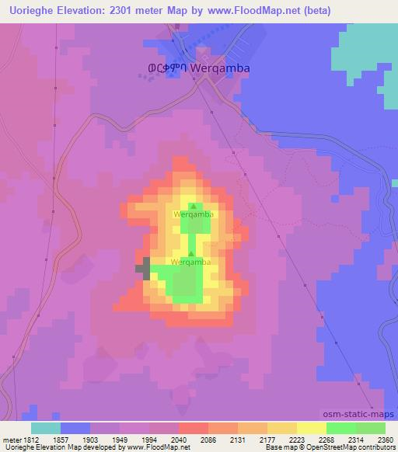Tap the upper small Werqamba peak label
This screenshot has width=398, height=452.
(x=193, y=214)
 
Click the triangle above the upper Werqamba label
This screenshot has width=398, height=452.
(x=192, y=205)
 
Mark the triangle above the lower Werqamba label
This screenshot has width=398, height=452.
(x=191, y=253)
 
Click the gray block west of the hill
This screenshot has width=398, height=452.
(x=143, y=268)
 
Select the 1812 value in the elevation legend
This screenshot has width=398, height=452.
(x=31, y=440)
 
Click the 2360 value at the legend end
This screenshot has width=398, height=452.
(x=386, y=440)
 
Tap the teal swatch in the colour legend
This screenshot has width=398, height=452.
(x=46, y=428)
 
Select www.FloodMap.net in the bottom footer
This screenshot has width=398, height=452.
(x=155, y=448)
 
